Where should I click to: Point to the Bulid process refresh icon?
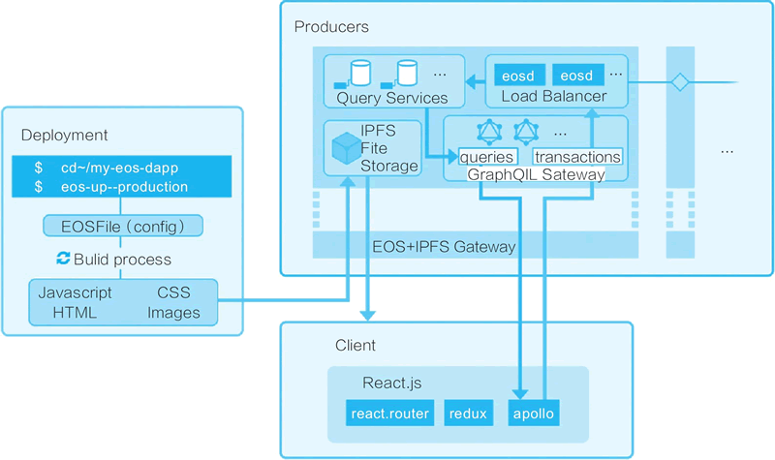pos(64,259)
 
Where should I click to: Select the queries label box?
pos(487,157)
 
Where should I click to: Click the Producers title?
pos(331,26)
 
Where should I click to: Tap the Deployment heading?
pos(64,135)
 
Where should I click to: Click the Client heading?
pos(355,346)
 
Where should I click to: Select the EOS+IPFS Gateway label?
pos(445,247)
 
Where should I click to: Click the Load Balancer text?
pos(554,97)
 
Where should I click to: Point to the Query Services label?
pos(392,98)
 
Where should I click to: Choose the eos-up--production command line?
pos(117,186)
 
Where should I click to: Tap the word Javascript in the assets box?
pos(75,292)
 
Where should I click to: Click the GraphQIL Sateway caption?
pos(536,174)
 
